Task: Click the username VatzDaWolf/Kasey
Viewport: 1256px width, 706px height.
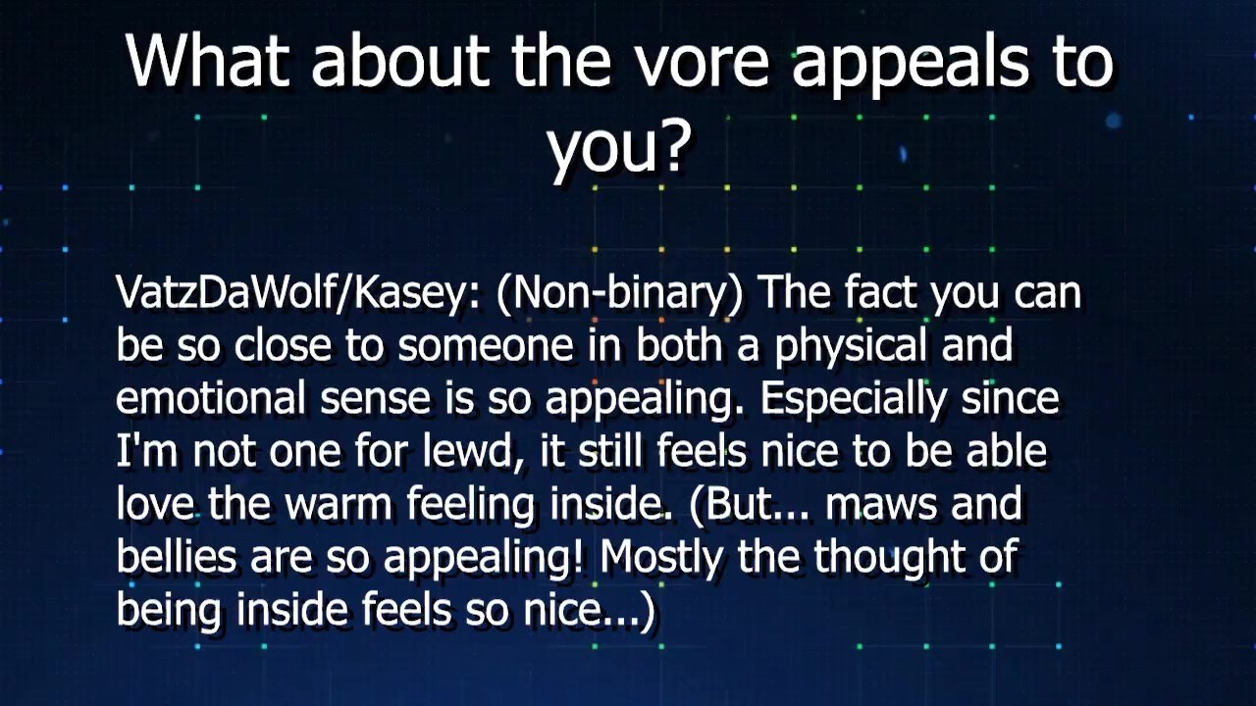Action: click(x=297, y=293)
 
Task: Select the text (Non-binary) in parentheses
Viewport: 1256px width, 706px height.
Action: click(x=619, y=293)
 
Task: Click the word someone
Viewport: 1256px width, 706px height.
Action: click(x=486, y=347)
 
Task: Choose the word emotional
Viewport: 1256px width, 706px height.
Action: click(x=211, y=397)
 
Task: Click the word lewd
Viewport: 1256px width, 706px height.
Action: click(x=469, y=450)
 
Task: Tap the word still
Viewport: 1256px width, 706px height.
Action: click(x=610, y=450)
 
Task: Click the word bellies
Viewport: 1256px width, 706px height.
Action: click(x=176, y=555)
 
